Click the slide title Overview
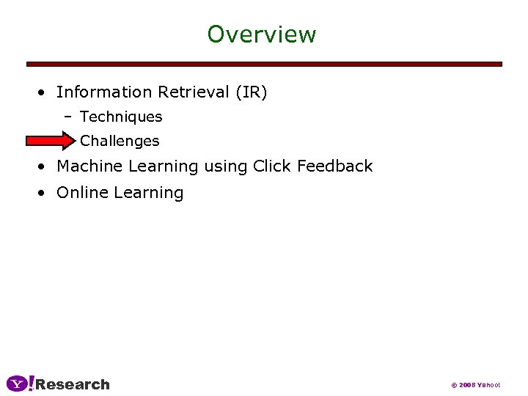(x=261, y=34)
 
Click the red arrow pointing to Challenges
(x=50, y=141)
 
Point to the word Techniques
(x=121, y=117)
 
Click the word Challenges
(x=120, y=141)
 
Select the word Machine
(x=88, y=166)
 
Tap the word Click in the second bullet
(x=272, y=166)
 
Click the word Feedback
(x=335, y=166)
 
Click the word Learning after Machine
(x=163, y=167)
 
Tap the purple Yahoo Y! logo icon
(x=21, y=384)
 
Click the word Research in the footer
(x=73, y=384)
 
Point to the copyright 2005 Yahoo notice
(x=475, y=385)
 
